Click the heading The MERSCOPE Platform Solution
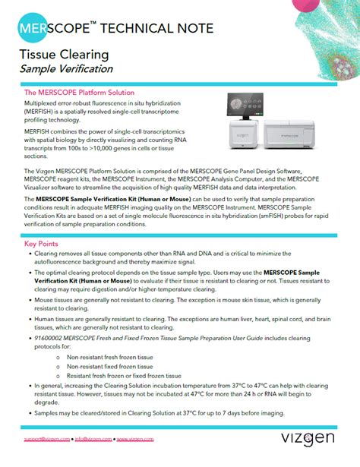pyautogui.click(x=85, y=92)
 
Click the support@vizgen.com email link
pyautogui.click(x=48, y=440)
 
